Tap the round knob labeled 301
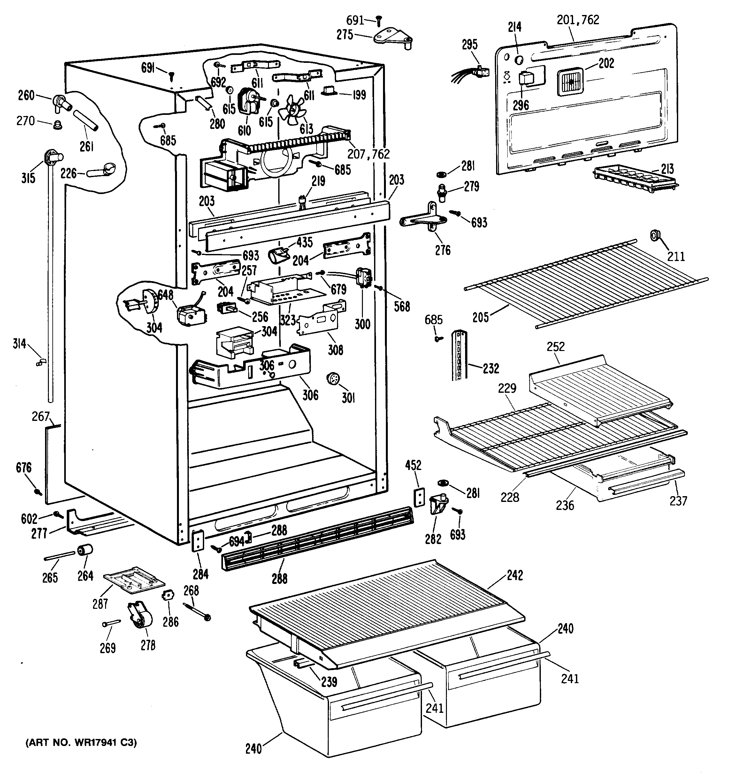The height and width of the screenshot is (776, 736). point(333,379)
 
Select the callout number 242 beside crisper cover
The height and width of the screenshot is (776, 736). point(515,575)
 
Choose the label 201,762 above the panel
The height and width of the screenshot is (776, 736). point(578,19)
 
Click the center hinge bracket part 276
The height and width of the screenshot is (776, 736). point(424,220)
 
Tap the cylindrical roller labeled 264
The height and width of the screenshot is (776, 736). point(85,550)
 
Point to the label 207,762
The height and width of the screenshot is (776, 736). point(368,154)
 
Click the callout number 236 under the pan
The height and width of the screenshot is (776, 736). point(564,505)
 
